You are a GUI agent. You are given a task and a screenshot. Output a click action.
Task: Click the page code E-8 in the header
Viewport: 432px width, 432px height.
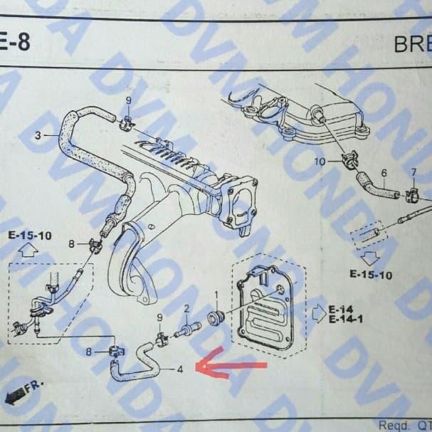15,42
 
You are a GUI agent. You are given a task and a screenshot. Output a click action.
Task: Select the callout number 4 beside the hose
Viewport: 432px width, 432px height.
180,369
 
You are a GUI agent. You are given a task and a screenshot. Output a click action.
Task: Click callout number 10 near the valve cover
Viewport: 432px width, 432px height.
320,163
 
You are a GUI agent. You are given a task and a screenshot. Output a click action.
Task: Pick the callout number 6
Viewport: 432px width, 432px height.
384,173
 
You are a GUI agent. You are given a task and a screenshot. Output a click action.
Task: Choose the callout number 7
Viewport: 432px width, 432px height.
413,173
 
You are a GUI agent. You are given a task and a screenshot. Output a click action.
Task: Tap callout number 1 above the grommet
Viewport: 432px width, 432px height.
216,295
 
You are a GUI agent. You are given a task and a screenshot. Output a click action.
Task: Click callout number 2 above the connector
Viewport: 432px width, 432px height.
186,308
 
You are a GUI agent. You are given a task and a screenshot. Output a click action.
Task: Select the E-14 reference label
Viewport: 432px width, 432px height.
341,309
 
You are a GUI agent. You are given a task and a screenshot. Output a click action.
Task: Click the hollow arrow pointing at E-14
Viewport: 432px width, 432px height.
317,314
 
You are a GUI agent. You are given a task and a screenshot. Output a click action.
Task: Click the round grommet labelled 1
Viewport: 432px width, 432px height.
214,316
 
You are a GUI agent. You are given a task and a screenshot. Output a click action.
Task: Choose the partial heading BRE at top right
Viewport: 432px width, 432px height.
412,44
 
